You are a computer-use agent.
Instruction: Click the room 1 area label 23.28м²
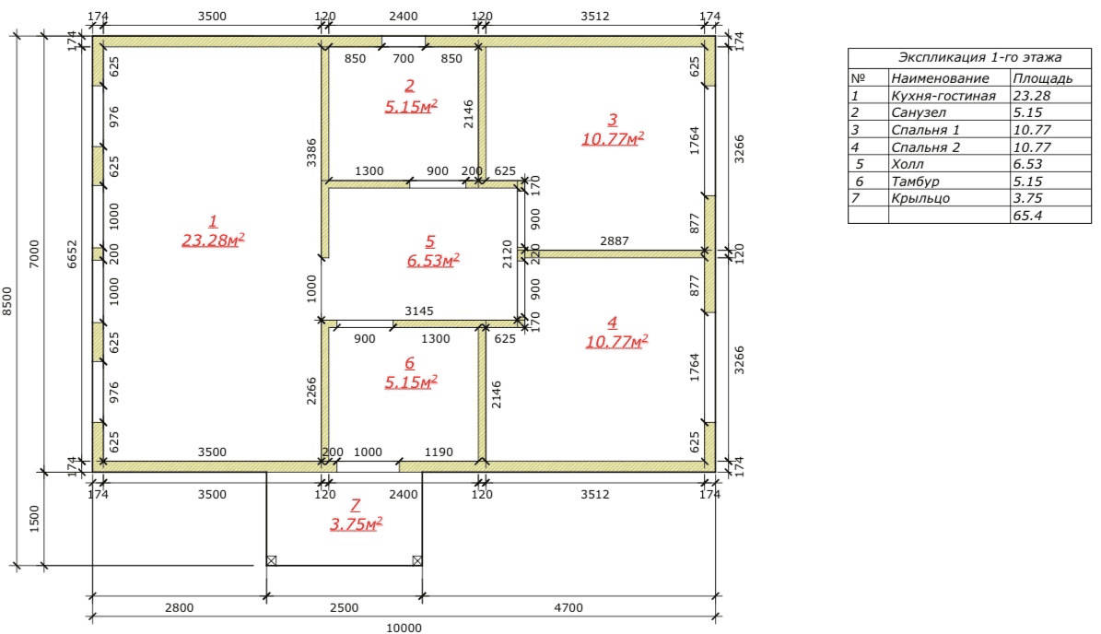click(213, 241)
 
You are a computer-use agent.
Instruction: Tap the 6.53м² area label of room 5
click(433, 261)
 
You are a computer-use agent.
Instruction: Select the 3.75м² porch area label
click(356, 523)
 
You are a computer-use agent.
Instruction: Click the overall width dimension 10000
click(404, 628)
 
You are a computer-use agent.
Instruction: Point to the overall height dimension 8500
click(7, 300)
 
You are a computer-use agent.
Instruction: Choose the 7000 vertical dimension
click(34, 254)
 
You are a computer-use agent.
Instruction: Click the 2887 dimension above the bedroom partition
click(615, 241)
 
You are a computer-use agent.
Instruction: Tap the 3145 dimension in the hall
click(419, 311)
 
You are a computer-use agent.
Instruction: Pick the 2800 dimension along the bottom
click(179, 608)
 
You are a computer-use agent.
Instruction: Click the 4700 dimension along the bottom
click(568, 608)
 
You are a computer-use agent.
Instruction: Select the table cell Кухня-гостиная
click(943, 96)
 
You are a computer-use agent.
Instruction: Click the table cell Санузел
click(919, 112)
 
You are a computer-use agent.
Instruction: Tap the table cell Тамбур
click(915, 182)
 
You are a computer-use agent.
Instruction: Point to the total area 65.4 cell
click(1027, 216)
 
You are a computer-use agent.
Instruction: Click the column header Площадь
click(1043, 78)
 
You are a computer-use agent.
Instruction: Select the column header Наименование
click(940, 78)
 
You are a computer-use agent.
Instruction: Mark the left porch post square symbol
click(272, 560)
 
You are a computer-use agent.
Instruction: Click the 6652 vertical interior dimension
click(72, 254)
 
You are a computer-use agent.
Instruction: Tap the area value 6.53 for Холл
click(1027, 164)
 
